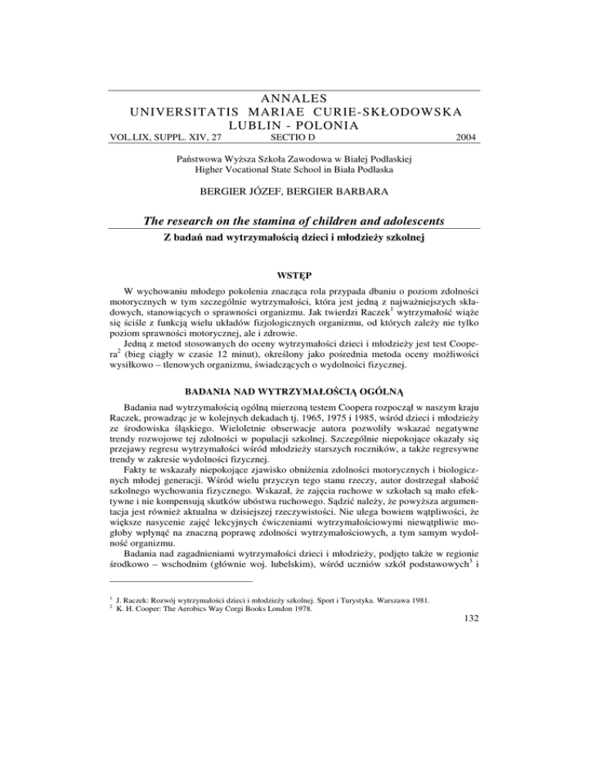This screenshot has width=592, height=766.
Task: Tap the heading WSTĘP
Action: [295, 273]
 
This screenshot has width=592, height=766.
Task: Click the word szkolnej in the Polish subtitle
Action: [401, 237]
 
